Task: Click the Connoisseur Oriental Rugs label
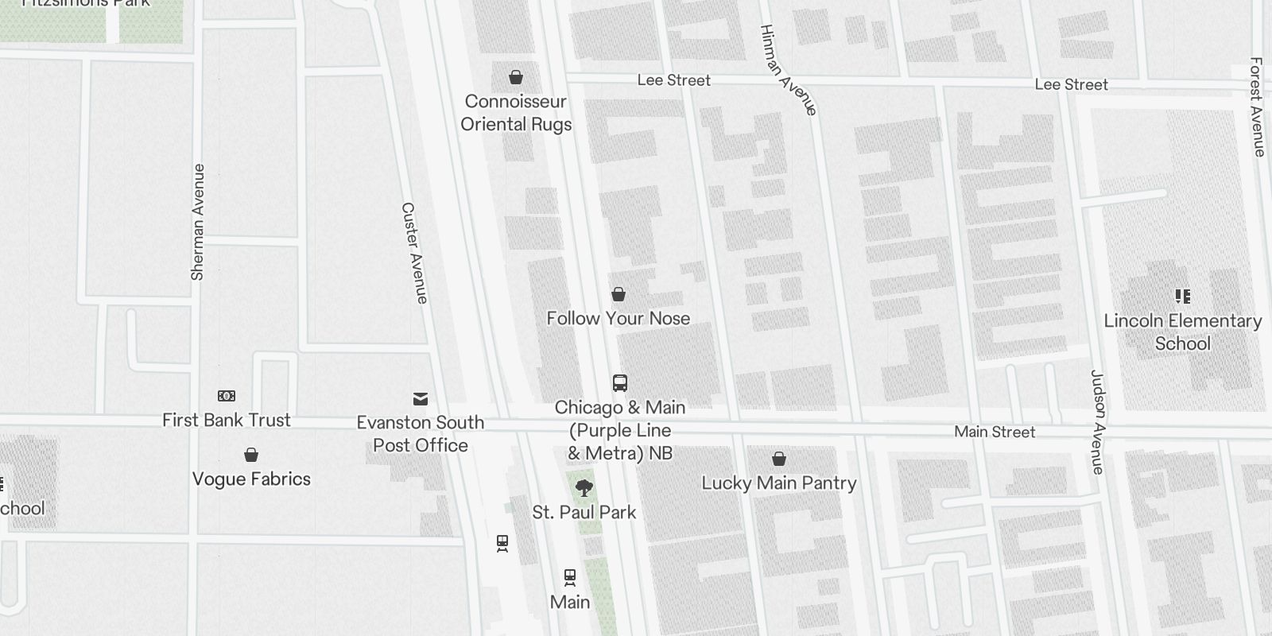tap(516, 113)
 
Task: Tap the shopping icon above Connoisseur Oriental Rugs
tap(516, 77)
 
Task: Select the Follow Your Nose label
tap(618, 318)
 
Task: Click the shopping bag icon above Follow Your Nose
tap(619, 295)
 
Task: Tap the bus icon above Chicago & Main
tap(620, 383)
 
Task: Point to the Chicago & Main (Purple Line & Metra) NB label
tap(620, 430)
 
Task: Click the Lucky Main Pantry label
tap(778, 483)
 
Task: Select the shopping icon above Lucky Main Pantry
tap(779, 459)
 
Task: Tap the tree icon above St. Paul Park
tap(584, 487)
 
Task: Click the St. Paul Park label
tap(584, 512)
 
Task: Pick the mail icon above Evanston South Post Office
tap(421, 398)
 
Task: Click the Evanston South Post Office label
tap(421, 433)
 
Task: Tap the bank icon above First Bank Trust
tap(227, 396)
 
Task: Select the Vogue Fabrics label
tap(251, 479)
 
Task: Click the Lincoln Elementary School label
tap(1182, 332)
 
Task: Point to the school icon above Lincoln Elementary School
tap(1183, 297)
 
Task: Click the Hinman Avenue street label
tap(788, 70)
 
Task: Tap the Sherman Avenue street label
tap(198, 222)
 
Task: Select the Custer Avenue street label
tap(415, 253)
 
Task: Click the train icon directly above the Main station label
tap(570, 576)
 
